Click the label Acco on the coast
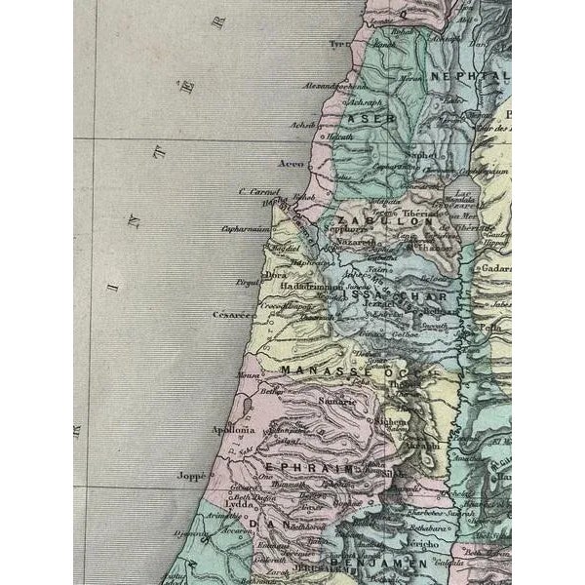click(x=292, y=164)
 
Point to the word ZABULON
click(x=400, y=221)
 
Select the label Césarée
click(x=234, y=315)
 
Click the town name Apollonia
click(x=233, y=429)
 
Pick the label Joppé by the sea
click(x=192, y=477)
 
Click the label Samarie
click(x=337, y=402)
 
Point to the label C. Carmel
click(x=259, y=192)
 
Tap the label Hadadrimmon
click(x=312, y=288)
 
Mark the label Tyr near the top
click(x=338, y=44)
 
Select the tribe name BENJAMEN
click(x=367, y=564)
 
